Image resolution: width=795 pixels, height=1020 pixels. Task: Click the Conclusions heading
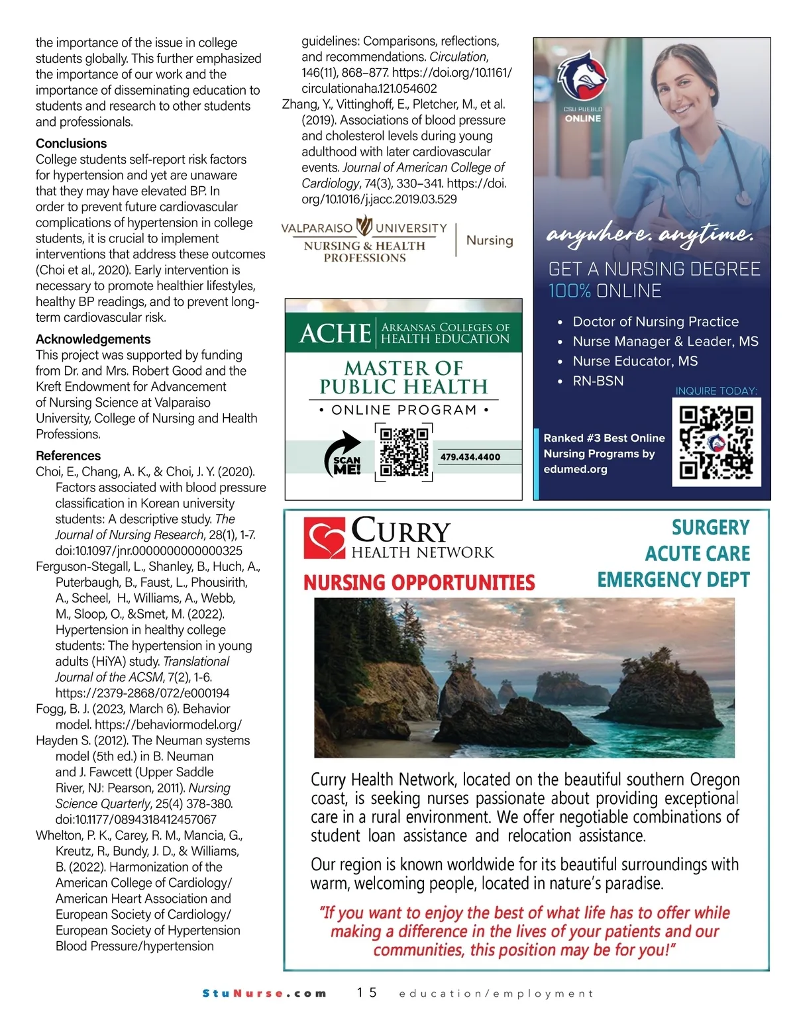click(x=71, y=143)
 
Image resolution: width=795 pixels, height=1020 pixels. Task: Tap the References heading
click(x=68, y=456)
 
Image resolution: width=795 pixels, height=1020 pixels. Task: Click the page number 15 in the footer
click(x=366, y=992)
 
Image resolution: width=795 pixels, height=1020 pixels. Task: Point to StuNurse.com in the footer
click(x=264, y=993)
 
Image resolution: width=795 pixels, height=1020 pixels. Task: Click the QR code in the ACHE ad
click(x=404, y=452)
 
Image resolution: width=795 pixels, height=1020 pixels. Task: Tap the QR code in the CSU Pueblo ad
click(x=716, y=442)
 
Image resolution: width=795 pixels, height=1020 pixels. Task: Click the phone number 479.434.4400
click(x=470, y=457)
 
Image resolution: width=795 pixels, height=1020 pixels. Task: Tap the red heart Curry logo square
click(x=324, y=538)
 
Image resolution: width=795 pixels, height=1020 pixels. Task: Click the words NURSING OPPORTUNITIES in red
click(x=419, y=583)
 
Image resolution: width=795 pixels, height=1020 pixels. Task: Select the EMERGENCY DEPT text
click(x=673, y=580)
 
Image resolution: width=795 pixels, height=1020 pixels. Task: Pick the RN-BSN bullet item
click(x=598, y=381)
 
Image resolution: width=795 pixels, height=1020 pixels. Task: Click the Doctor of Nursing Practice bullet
click(x=655, y=321)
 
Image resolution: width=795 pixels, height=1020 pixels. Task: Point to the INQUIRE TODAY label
click(x=715, y=391)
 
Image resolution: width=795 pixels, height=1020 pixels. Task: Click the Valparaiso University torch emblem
click(x=364, y=226)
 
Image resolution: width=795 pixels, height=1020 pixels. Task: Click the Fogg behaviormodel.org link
click(x=168, y=725)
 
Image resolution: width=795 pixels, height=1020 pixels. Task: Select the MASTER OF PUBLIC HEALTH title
click(x=403, y=378)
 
